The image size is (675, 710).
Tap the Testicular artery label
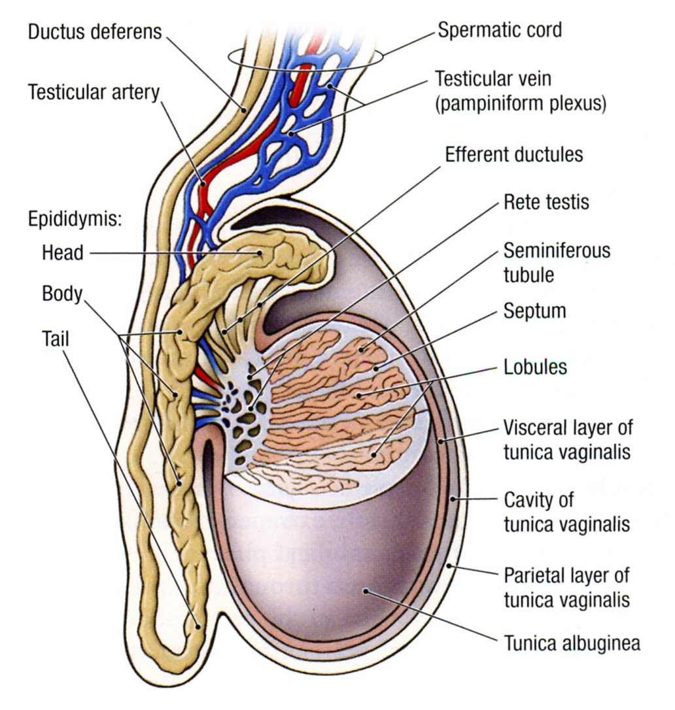(x=94, y=92)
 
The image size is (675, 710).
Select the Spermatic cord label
(x=499, y=30)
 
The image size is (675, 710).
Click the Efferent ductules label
(x=513, y=156)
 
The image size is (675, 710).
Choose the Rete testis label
(x=546, y=202)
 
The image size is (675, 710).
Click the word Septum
(x=534, y=311)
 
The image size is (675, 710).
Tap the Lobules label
(x=535, y=367)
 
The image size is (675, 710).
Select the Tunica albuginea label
(x=572, y=643)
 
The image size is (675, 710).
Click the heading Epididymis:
(x=75, y=218)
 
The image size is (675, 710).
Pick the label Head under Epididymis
(x=62, y=252)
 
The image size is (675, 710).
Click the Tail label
(x=55, y=337)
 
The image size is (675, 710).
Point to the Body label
(x=62, y=294)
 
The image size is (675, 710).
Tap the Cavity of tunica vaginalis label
(x=566, y=512)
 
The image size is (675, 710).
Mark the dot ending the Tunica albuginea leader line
(x=367, y=591)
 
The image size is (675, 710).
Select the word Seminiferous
(x=557, y=250)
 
